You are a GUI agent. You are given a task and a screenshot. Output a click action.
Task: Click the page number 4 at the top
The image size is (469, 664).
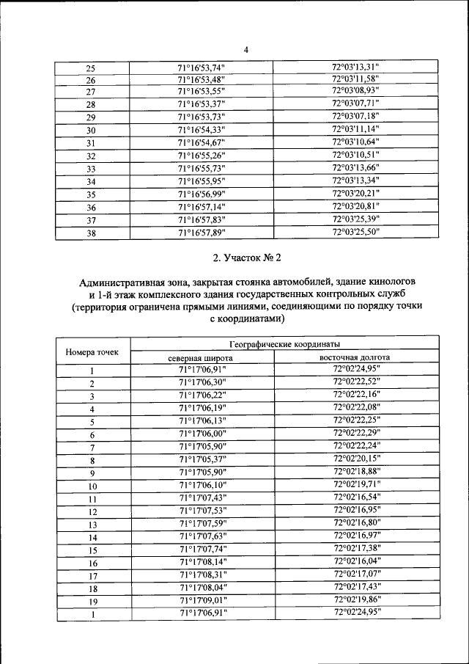(246, 50)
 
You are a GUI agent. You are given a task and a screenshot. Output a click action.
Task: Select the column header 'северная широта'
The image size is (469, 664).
(201, 357)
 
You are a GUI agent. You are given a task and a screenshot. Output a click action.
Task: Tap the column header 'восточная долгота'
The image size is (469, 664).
(355, 357)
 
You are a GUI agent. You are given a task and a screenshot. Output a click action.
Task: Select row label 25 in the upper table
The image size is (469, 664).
(92, 68)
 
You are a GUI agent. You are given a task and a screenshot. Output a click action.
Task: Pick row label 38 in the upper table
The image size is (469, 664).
(92, 233)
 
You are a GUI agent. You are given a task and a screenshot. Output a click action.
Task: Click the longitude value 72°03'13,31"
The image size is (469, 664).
(355, 68)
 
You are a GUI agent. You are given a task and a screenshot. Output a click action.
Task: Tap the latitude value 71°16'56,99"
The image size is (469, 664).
(202, 194)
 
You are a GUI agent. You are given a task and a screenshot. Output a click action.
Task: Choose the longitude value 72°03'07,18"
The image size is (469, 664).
(355, 117)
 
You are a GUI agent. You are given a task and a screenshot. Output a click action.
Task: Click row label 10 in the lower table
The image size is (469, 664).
(92, 486)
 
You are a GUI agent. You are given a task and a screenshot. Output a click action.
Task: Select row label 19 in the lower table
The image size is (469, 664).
(92, 600)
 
